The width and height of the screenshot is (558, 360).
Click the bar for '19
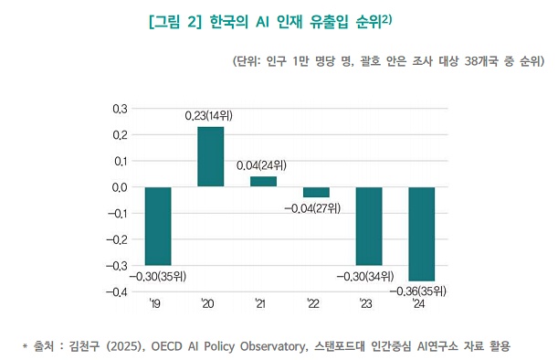pyautogui.click(x=158, y=226)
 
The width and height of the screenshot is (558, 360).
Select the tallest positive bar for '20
pyautogui.click(x=211, y=156)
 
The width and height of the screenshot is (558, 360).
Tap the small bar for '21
pyautogui.click(x=263, y=181)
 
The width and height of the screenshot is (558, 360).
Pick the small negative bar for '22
pyautogui.click(x=316, y=192)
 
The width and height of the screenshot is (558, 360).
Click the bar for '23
pyautogui.click(x=369, y=226)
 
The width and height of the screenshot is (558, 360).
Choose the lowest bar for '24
pyautogui.click(x=421, y=234)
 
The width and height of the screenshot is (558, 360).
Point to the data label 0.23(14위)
pyautogui.click(x=211, y=116)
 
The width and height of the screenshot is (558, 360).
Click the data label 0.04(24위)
pyautogui.click(x=263, y=166)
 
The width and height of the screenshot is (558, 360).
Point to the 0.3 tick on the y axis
pyautogui.click(x=120, y=109)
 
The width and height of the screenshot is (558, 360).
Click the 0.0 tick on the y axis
pyautogui.click(x=120, y=187)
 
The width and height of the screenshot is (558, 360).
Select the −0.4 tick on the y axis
pyautogui.click(x=117, y=292)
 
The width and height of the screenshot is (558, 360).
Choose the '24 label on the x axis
pyautogui.click(x=419, y=304)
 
